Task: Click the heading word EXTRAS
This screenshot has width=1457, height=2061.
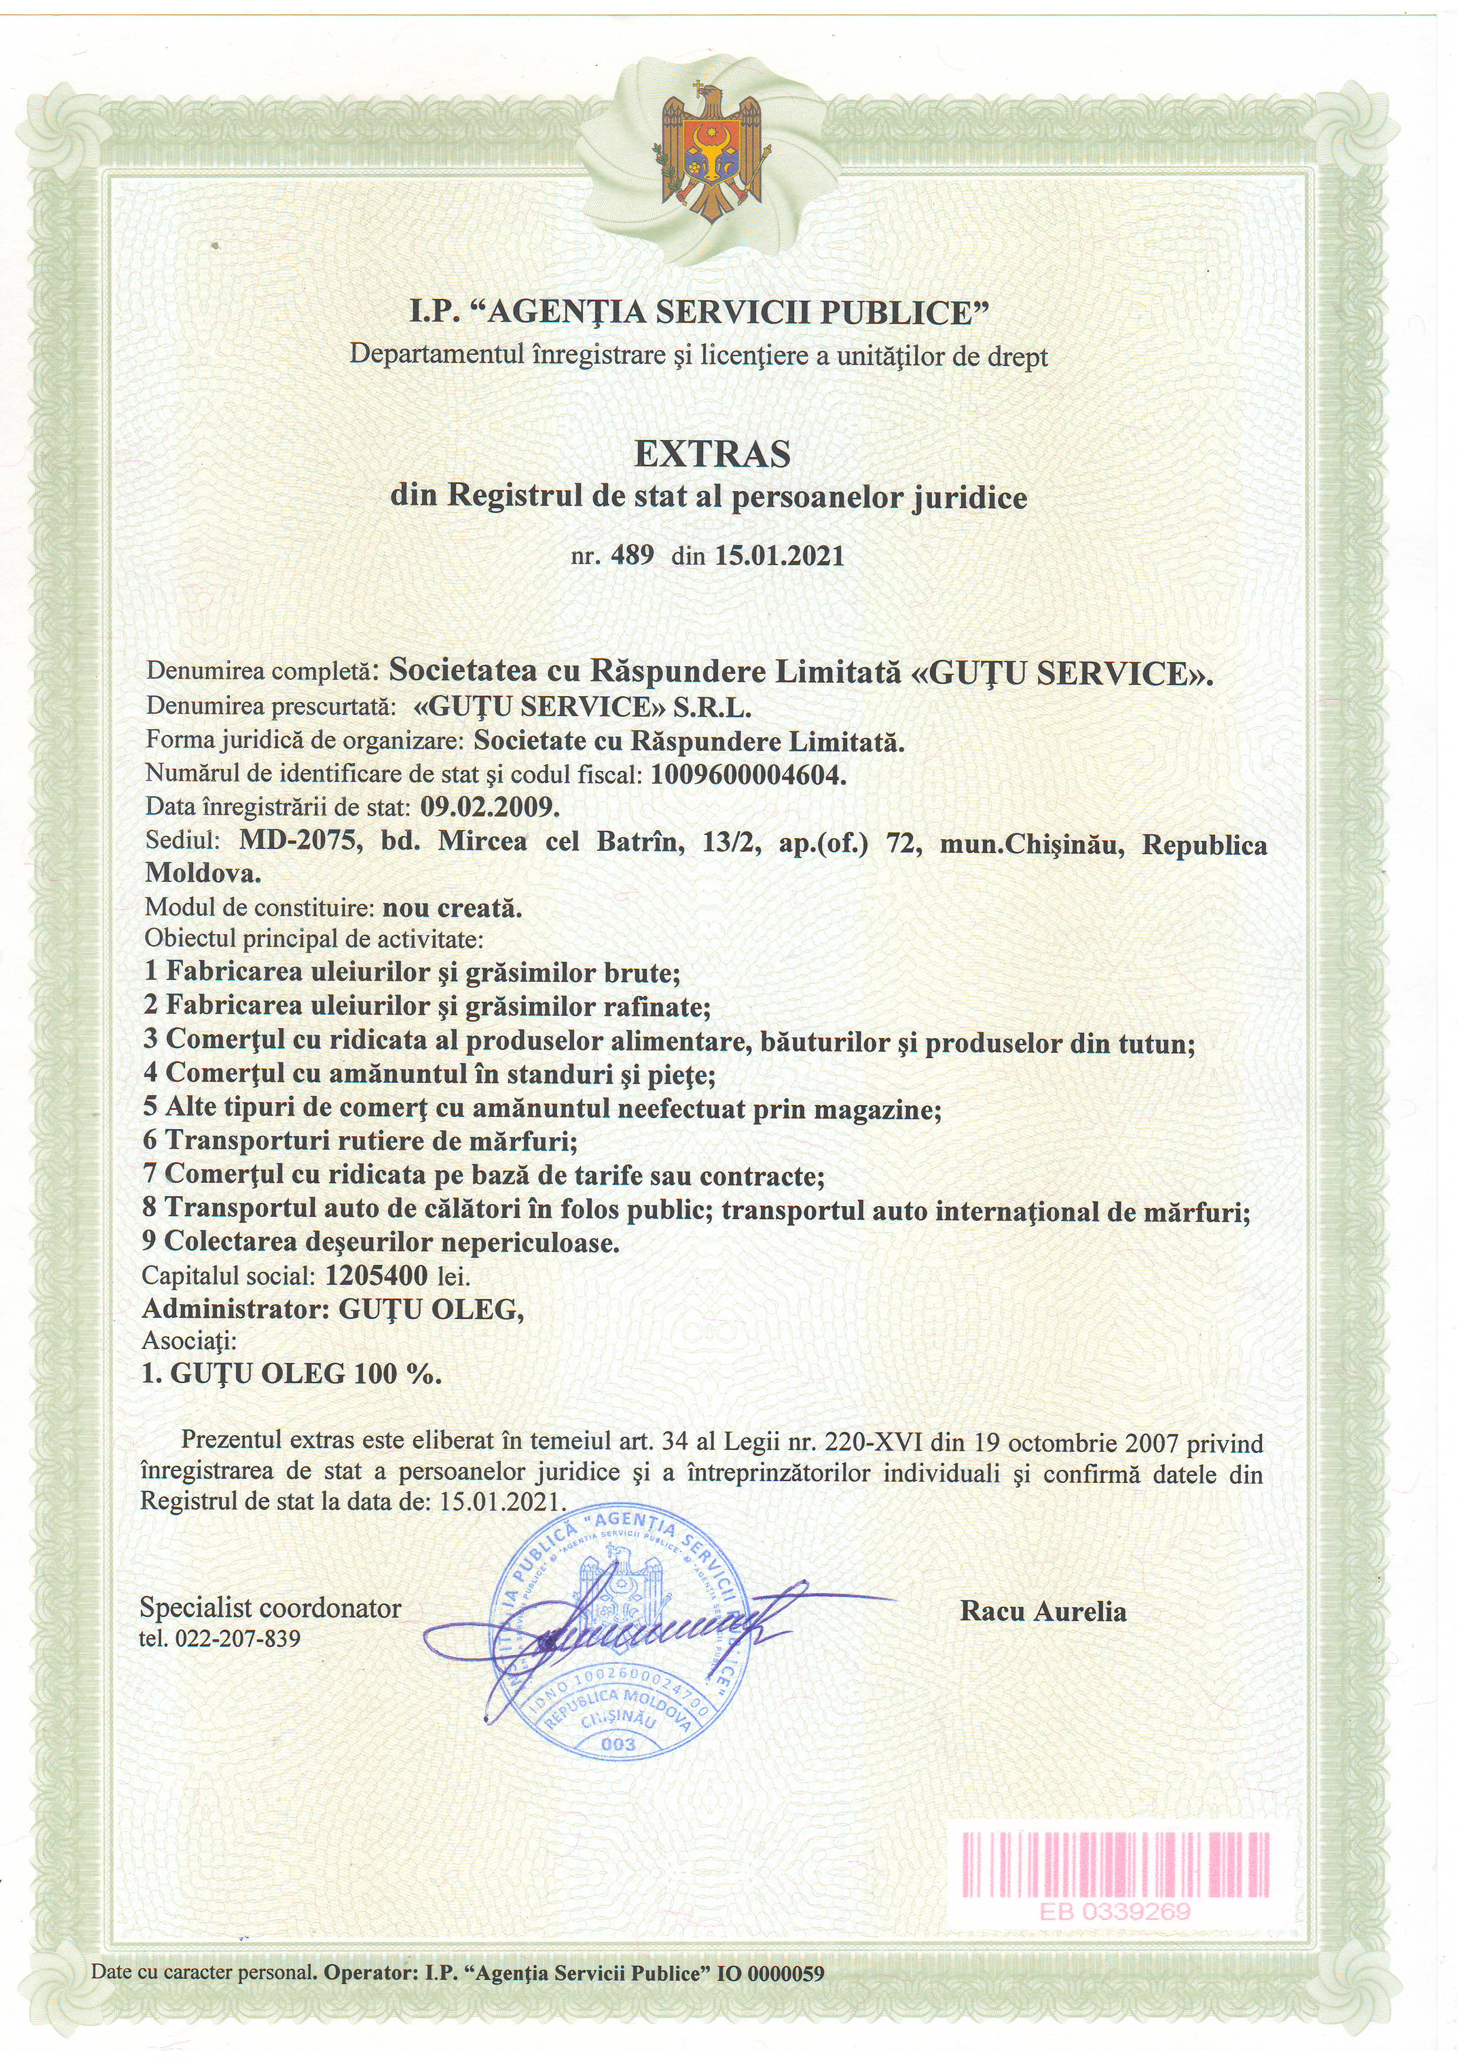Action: [x=712, y=454]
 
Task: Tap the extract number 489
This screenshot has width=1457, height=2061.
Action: [x=632, y=556]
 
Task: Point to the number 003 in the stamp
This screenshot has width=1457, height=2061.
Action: [x=617, y=1744]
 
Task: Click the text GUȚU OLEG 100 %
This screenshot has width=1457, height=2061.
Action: [x=292, y=1374]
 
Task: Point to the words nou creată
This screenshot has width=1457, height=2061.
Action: [x=452, y=908]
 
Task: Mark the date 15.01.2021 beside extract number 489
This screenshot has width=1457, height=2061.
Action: [x=779, y=556]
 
